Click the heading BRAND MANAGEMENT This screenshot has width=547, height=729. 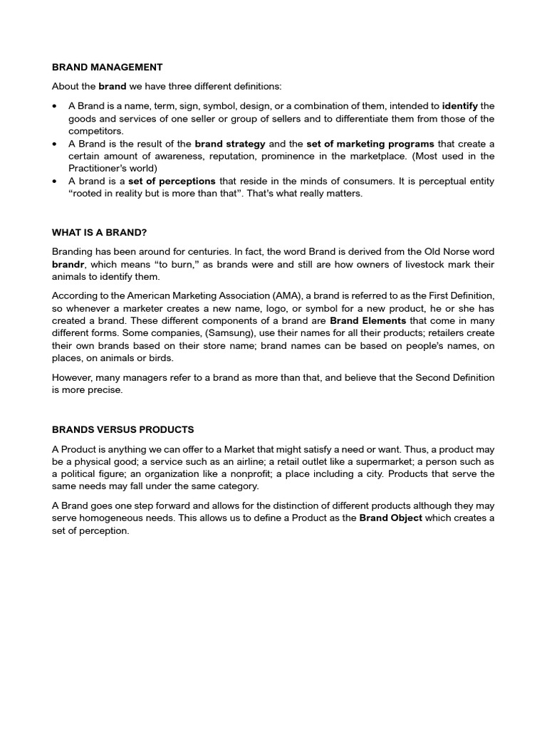pos(107,68)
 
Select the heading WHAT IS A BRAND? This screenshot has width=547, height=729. pos(99,232)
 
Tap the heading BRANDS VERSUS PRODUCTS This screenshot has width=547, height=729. pos(123,430)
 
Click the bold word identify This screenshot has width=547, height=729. pos(459,106)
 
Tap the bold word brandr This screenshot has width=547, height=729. pos(68,265)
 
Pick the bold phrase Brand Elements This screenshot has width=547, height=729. pos(368,320)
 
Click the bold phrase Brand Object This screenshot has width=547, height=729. pos(390,518)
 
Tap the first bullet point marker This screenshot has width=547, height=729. pos(55,106)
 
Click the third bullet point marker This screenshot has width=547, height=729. pos(55,182)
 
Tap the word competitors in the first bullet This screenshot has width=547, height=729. pos(95,131)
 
